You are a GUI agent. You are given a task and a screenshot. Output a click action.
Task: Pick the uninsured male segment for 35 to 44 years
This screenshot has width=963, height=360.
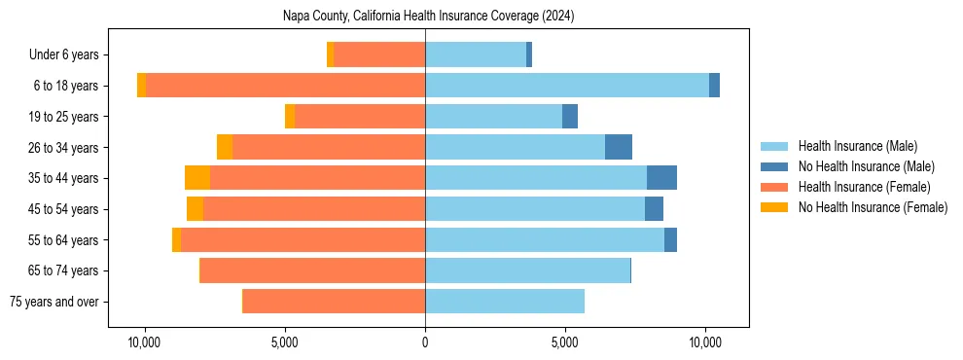coord(661,178)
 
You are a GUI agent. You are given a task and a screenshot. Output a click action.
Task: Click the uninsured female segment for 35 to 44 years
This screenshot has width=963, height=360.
coord(197,178)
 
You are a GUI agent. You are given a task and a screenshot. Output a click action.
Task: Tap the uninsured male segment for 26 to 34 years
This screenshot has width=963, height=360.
coord(619,147)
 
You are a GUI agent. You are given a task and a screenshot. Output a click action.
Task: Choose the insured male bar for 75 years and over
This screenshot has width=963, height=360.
coord(505,302)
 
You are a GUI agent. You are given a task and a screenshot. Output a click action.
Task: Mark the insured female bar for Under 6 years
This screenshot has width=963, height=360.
coord(379,54)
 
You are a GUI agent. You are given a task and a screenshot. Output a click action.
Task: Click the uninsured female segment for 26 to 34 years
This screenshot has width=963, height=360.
coord(225,147)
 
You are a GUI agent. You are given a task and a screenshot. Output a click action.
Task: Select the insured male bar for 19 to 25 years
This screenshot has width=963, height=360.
coord(493,117)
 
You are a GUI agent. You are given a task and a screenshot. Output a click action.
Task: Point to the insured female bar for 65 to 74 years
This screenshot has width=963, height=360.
coord(312,270)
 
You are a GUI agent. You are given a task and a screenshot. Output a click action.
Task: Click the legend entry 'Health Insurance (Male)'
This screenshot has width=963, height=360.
coord(857,146)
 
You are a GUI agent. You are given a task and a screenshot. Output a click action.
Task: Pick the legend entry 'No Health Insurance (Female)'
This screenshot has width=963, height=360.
coord(873,207)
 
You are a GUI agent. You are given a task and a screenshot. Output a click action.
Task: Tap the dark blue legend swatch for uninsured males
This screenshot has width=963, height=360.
coord(775,166)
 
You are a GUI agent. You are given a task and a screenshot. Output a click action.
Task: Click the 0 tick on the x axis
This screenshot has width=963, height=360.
coord(425,342)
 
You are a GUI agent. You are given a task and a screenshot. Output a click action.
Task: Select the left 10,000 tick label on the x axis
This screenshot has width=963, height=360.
coord(145,342)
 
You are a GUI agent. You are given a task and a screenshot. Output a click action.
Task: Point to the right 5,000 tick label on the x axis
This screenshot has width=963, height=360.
coord(565,342)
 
